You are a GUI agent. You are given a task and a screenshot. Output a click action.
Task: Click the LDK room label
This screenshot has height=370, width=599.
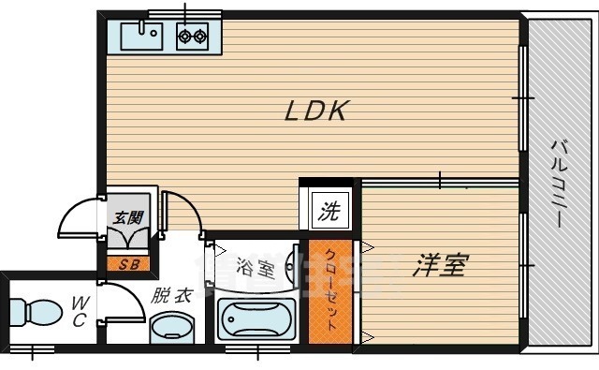coord(316,111)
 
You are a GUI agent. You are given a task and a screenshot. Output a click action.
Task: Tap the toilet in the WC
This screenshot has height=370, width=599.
coord(34,312)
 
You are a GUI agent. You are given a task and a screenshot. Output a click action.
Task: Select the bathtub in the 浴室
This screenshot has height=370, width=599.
coord(256,319)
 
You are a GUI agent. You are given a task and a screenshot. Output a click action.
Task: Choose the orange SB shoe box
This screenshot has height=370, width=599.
coord(129,262)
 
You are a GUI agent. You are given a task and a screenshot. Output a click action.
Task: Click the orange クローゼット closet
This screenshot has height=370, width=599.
coord(331,289)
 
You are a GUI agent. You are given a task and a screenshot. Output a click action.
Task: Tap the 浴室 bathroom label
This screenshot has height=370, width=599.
coord(255,269)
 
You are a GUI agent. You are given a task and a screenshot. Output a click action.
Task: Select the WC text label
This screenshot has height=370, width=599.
coord(80,311)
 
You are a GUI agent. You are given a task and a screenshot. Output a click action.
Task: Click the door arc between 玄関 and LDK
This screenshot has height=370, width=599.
coord(180,209)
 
